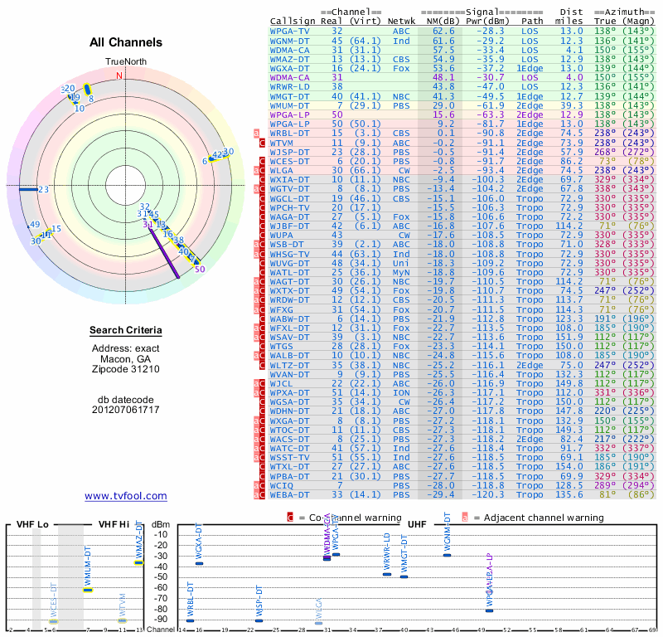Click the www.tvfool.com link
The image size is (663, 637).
point(126,496)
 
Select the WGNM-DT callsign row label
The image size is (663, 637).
point(290,40)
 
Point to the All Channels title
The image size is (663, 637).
point(126,42)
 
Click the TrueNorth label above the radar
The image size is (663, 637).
point(123,62)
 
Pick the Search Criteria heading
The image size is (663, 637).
point(126,331)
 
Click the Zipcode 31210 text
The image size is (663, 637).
point(126,369)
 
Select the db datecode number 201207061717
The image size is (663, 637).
point(126,409)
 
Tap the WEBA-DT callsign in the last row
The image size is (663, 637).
point(290,495)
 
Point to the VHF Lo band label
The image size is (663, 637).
point(33,525)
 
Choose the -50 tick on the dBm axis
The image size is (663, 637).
point(161,576)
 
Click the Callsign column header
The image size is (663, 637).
point(293,20)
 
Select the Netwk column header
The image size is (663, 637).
point(401,20)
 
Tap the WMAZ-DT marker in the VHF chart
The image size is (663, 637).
point(138,562)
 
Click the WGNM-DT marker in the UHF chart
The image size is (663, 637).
point(447,555)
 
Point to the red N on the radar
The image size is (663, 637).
point(120,75)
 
